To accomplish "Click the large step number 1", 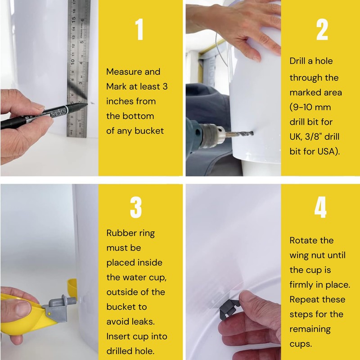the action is (139, 29).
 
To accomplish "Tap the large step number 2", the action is (322, 29).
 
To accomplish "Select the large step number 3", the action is (136, 207).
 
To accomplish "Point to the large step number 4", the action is (320, 207).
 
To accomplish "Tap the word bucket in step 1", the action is (149, 130).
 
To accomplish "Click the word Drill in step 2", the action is (297, 61).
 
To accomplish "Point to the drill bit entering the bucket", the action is (239, 134).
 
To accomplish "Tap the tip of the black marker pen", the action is (87, 104).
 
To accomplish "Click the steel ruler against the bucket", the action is (78, 69).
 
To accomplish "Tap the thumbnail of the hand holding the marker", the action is (38, 106).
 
